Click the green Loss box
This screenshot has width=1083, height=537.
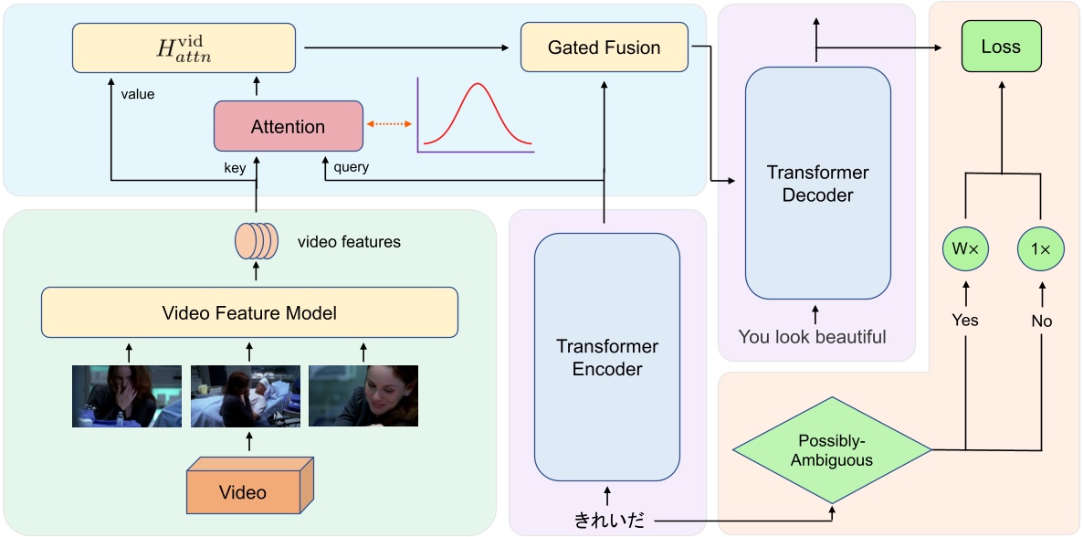pyautogui.click(x=1001, y=47)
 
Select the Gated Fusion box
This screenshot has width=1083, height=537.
pyautogui.click(x=604, y=47)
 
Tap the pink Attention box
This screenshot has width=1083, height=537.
pyautogui.click(x=288, y=127)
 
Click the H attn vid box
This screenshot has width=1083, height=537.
pyautogui.click(x=184, y=47)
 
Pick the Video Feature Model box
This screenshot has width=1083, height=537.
pyautogui.click(x=249, y=313)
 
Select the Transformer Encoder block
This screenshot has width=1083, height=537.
pyautogui.click(x=606, y=356)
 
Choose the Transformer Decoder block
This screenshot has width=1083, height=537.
pyautogui.click(x=817, y=183)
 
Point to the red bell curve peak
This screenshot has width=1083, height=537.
pyautogui.click(x=475, y=85)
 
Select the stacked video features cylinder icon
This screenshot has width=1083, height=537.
pyautogui.click(x=257, y=241)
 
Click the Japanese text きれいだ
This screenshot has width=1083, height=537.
pyautogui.click(x=608, y=521)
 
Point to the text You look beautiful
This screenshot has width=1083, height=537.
pyautogui.click(x=812, y=337)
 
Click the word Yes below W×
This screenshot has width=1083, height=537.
pyautogui.click(x=964, y=320)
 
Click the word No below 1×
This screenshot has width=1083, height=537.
pyautogui.click(x=1041, y=320)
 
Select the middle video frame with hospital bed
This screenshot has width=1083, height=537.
pyautogui.click(x=245, y=395)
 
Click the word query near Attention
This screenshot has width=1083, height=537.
pyautogui.click(x=352, y=167)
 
